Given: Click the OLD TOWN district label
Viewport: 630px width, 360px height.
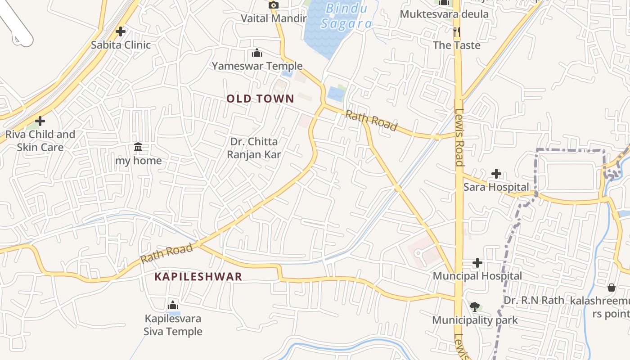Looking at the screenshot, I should (260, 99).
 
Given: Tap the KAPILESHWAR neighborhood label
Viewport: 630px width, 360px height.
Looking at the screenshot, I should (198, 276).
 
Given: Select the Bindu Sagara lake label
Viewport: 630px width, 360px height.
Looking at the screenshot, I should (346, 16).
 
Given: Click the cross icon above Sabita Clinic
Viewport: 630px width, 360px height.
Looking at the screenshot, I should (120, 31).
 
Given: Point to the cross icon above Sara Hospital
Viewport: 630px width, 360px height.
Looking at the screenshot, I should (496, 173).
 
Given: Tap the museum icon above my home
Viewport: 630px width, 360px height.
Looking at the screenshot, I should (138, 147).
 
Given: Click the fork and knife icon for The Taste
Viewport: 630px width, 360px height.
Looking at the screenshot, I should (457, 31).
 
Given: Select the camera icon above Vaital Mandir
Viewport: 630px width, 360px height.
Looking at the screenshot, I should (273, 5).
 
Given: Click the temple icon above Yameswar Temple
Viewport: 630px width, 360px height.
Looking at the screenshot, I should (257, 53).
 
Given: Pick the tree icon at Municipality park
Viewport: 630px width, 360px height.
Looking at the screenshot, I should (474, 307).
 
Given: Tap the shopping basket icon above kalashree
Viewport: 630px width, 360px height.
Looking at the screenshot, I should (612, 287).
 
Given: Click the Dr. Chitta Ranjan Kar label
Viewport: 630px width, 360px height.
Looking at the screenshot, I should (254, 148).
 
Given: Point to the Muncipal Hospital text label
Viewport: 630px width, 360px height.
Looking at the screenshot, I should (477, 276).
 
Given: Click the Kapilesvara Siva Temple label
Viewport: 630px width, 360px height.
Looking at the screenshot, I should (173, 325).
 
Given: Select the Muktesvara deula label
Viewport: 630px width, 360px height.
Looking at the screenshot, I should (444, 14).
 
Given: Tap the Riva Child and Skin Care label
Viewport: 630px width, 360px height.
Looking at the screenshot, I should (40, 140).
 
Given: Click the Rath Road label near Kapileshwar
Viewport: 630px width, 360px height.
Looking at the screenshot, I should (166, 254).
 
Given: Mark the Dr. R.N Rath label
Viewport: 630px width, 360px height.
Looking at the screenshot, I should (534, 300).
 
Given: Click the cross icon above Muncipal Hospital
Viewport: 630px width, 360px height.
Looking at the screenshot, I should (477, 263).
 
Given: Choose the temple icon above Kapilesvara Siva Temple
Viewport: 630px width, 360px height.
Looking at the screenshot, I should (173, 306).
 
